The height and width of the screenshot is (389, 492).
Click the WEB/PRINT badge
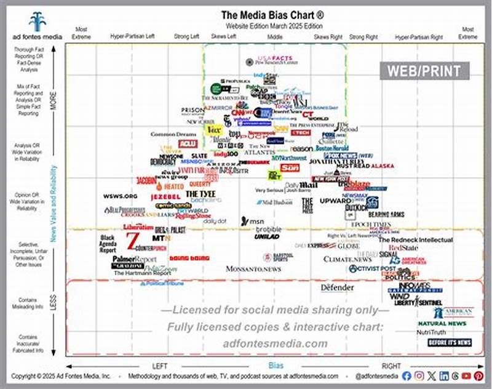tap(424, 71)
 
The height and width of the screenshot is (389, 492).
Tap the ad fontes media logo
tap(37, 25)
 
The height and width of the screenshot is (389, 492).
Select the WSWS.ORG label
tap(120, 196)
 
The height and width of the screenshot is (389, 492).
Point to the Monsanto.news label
tap(253, 268)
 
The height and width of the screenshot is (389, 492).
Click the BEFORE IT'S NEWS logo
tap(450, 342)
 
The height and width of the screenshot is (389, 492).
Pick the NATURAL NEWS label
tap(442, 323)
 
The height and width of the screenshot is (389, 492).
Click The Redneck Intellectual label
tap(415, 239)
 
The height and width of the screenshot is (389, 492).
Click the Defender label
tap(338, 287)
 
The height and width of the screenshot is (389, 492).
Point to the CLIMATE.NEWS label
tap(348, 259)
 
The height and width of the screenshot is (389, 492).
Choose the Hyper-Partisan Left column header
tap(132, 36)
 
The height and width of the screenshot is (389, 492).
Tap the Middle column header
tap(275, 36)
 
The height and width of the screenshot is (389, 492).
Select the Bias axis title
tap(276, 365)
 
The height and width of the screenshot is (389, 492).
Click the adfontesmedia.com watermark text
tap(275, 343)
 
